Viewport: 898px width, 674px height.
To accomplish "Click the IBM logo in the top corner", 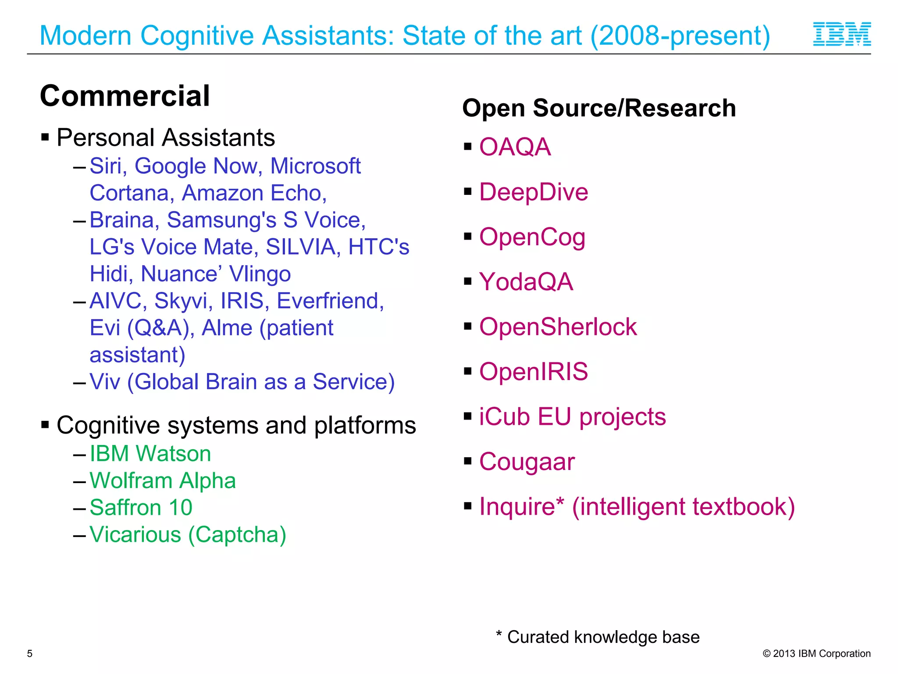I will (842, 34).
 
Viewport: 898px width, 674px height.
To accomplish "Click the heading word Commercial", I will (125, 96).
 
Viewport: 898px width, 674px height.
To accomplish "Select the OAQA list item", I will (515, 147).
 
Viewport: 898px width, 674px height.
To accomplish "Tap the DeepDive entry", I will (533, 192).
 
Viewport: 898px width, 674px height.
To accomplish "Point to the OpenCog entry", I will (532, 237).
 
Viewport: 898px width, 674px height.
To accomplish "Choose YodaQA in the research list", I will (526, 282).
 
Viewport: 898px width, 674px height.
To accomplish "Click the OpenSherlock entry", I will (558, 327).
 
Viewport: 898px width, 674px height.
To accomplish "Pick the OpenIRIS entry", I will (533, 372).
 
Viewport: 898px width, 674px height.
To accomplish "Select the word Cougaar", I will (527, 462).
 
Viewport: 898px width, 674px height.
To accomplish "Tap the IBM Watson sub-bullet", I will (150, 453).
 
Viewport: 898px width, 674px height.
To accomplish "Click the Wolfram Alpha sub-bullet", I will (163, 480).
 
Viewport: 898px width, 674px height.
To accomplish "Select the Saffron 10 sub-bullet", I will (141, 508).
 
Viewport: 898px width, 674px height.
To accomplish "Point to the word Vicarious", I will (135, 534).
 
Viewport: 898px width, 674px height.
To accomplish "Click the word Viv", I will (105, 382).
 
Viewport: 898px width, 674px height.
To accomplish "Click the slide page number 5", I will (30, 653).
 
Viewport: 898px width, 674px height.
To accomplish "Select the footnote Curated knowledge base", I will (603, 637).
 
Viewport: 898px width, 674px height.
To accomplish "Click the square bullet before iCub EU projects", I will (468, 416).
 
